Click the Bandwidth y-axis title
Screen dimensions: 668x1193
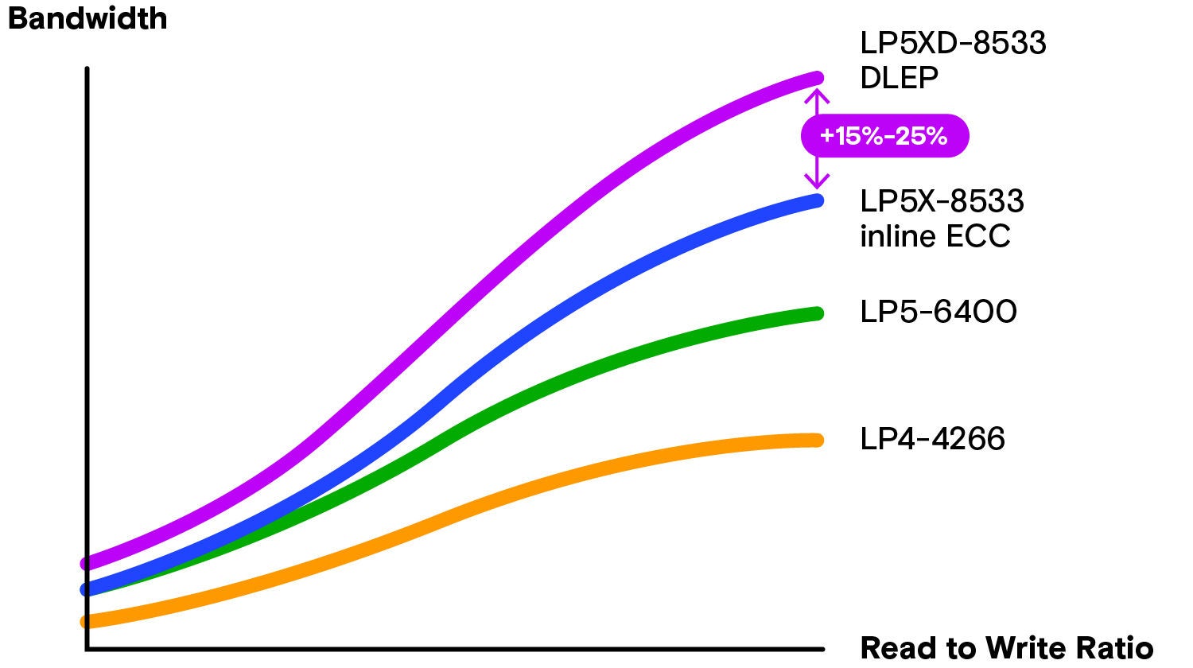(87, 18)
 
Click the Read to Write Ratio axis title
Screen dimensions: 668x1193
(1006, 647)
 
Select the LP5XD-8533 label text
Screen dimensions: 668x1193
(953, 43)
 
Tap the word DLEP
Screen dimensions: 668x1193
(899, 78)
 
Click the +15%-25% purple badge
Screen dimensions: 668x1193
(884, 136)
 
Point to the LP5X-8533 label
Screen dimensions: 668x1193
(942, 201)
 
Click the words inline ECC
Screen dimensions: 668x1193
(935, 236)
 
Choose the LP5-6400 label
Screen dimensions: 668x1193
(938, 312)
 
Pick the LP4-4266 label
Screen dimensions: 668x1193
(932, 439)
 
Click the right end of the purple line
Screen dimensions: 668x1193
(817, 77)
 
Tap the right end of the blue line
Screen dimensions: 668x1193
(817, 200)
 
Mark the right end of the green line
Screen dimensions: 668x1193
(817, 313)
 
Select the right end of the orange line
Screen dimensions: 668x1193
(817, 440)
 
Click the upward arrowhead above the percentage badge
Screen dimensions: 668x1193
(817, 97)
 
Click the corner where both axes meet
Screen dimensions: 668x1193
(87, 650)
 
